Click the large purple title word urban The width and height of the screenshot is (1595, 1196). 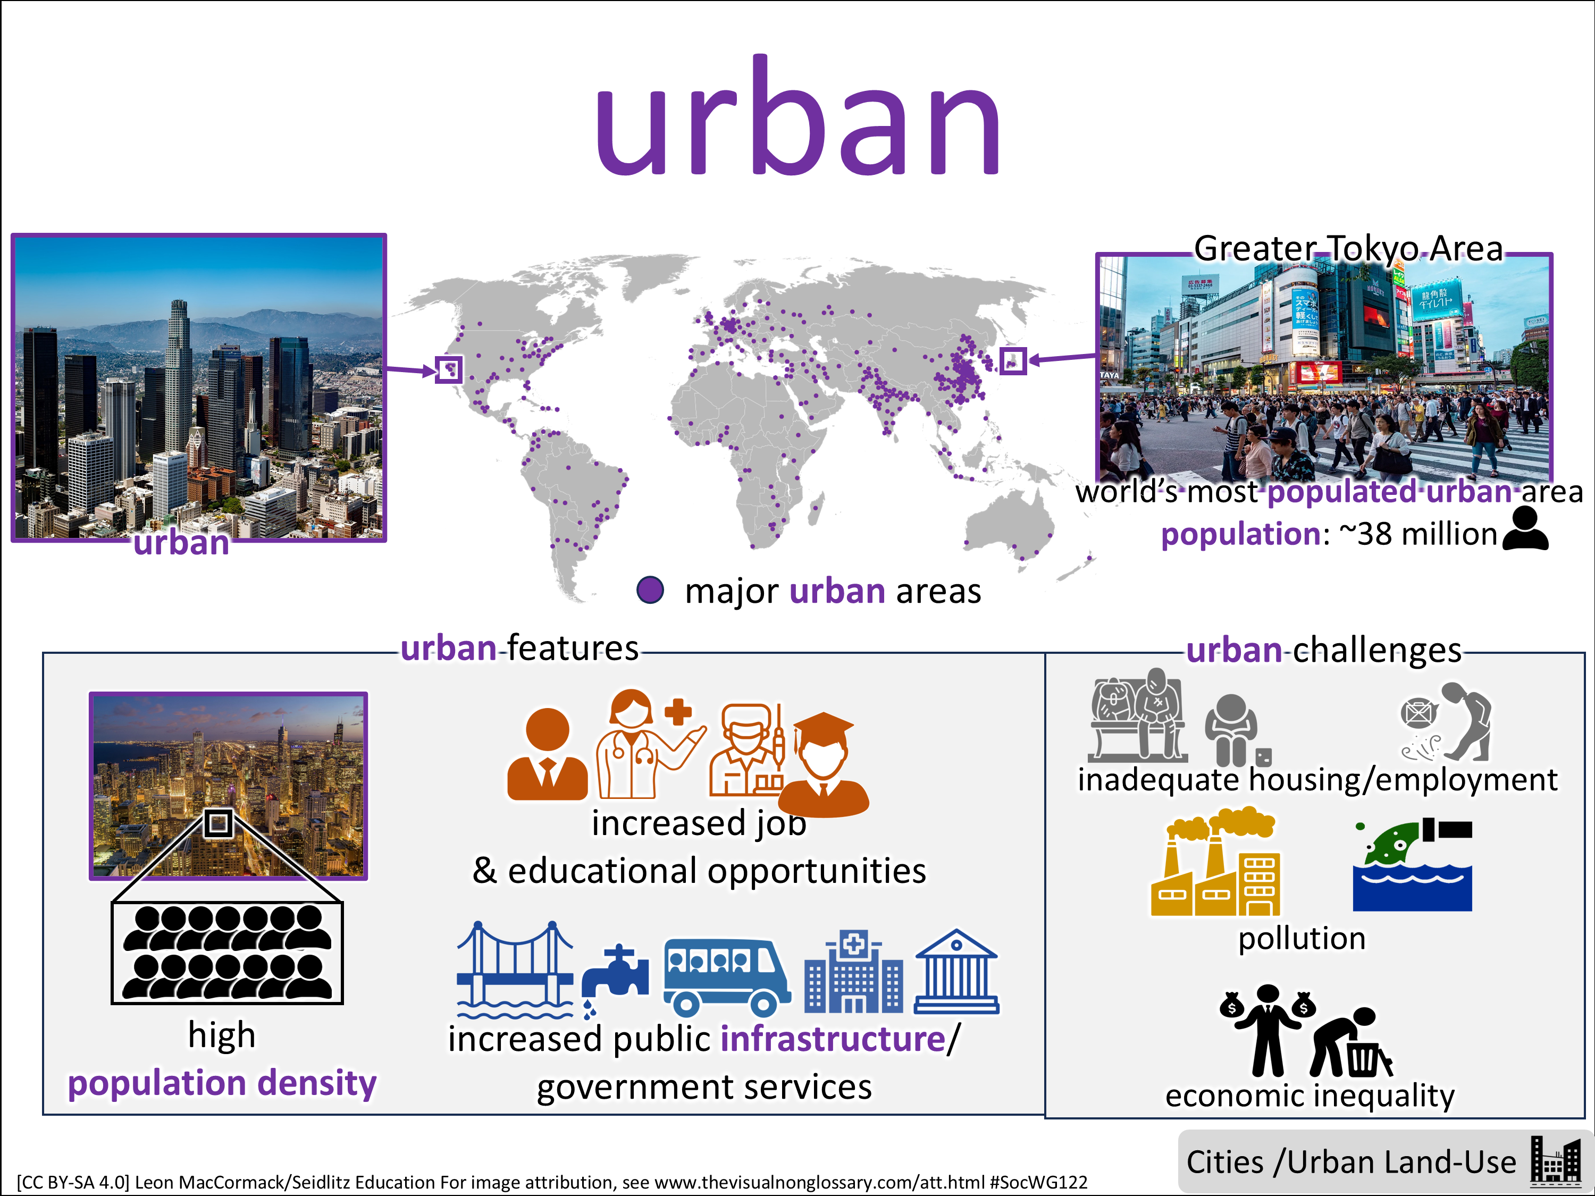click(x=797, y=115)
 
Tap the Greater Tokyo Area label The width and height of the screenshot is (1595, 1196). click(x=1348, y=249)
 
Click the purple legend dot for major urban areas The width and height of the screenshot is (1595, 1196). click(x=650, y=589)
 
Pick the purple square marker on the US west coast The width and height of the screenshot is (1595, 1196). click(x=449, y=370)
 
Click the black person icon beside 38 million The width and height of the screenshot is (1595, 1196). click(x=1525, y=528)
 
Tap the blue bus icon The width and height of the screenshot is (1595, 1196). click(x=726, y=977)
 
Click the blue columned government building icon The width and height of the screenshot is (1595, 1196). click(x=956, y=972)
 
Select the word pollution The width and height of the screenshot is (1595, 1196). click(x=1302, y=939)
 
